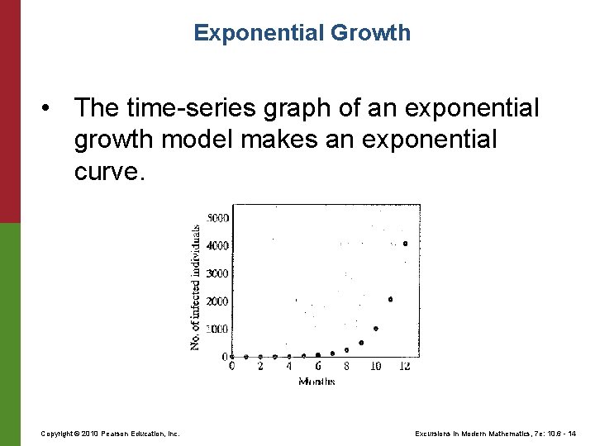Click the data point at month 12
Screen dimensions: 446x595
pos(405,244)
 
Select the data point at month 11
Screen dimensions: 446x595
pos(390,299)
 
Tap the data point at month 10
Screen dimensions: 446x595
pos(376,328)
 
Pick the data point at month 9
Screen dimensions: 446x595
pos(361,343)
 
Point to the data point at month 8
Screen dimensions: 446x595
pos(346,350)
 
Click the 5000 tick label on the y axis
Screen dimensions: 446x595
pos(218,218)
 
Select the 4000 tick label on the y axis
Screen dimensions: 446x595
pos(218,246)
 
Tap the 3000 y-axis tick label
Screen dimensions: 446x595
pos(218,273)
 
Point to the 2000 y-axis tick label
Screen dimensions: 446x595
pos(218,301)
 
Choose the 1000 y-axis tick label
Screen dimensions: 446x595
pos(218,329)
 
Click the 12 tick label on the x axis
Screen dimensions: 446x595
pos(404,366)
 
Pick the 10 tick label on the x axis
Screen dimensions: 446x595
pos(375,366)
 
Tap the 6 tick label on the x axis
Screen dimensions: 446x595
pos(318,366)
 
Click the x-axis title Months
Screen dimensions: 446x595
pos(317,381)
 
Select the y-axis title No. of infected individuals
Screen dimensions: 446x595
pos(196,287)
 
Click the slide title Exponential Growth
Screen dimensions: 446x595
pos(302,33)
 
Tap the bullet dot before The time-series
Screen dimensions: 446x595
pos(51,108)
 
